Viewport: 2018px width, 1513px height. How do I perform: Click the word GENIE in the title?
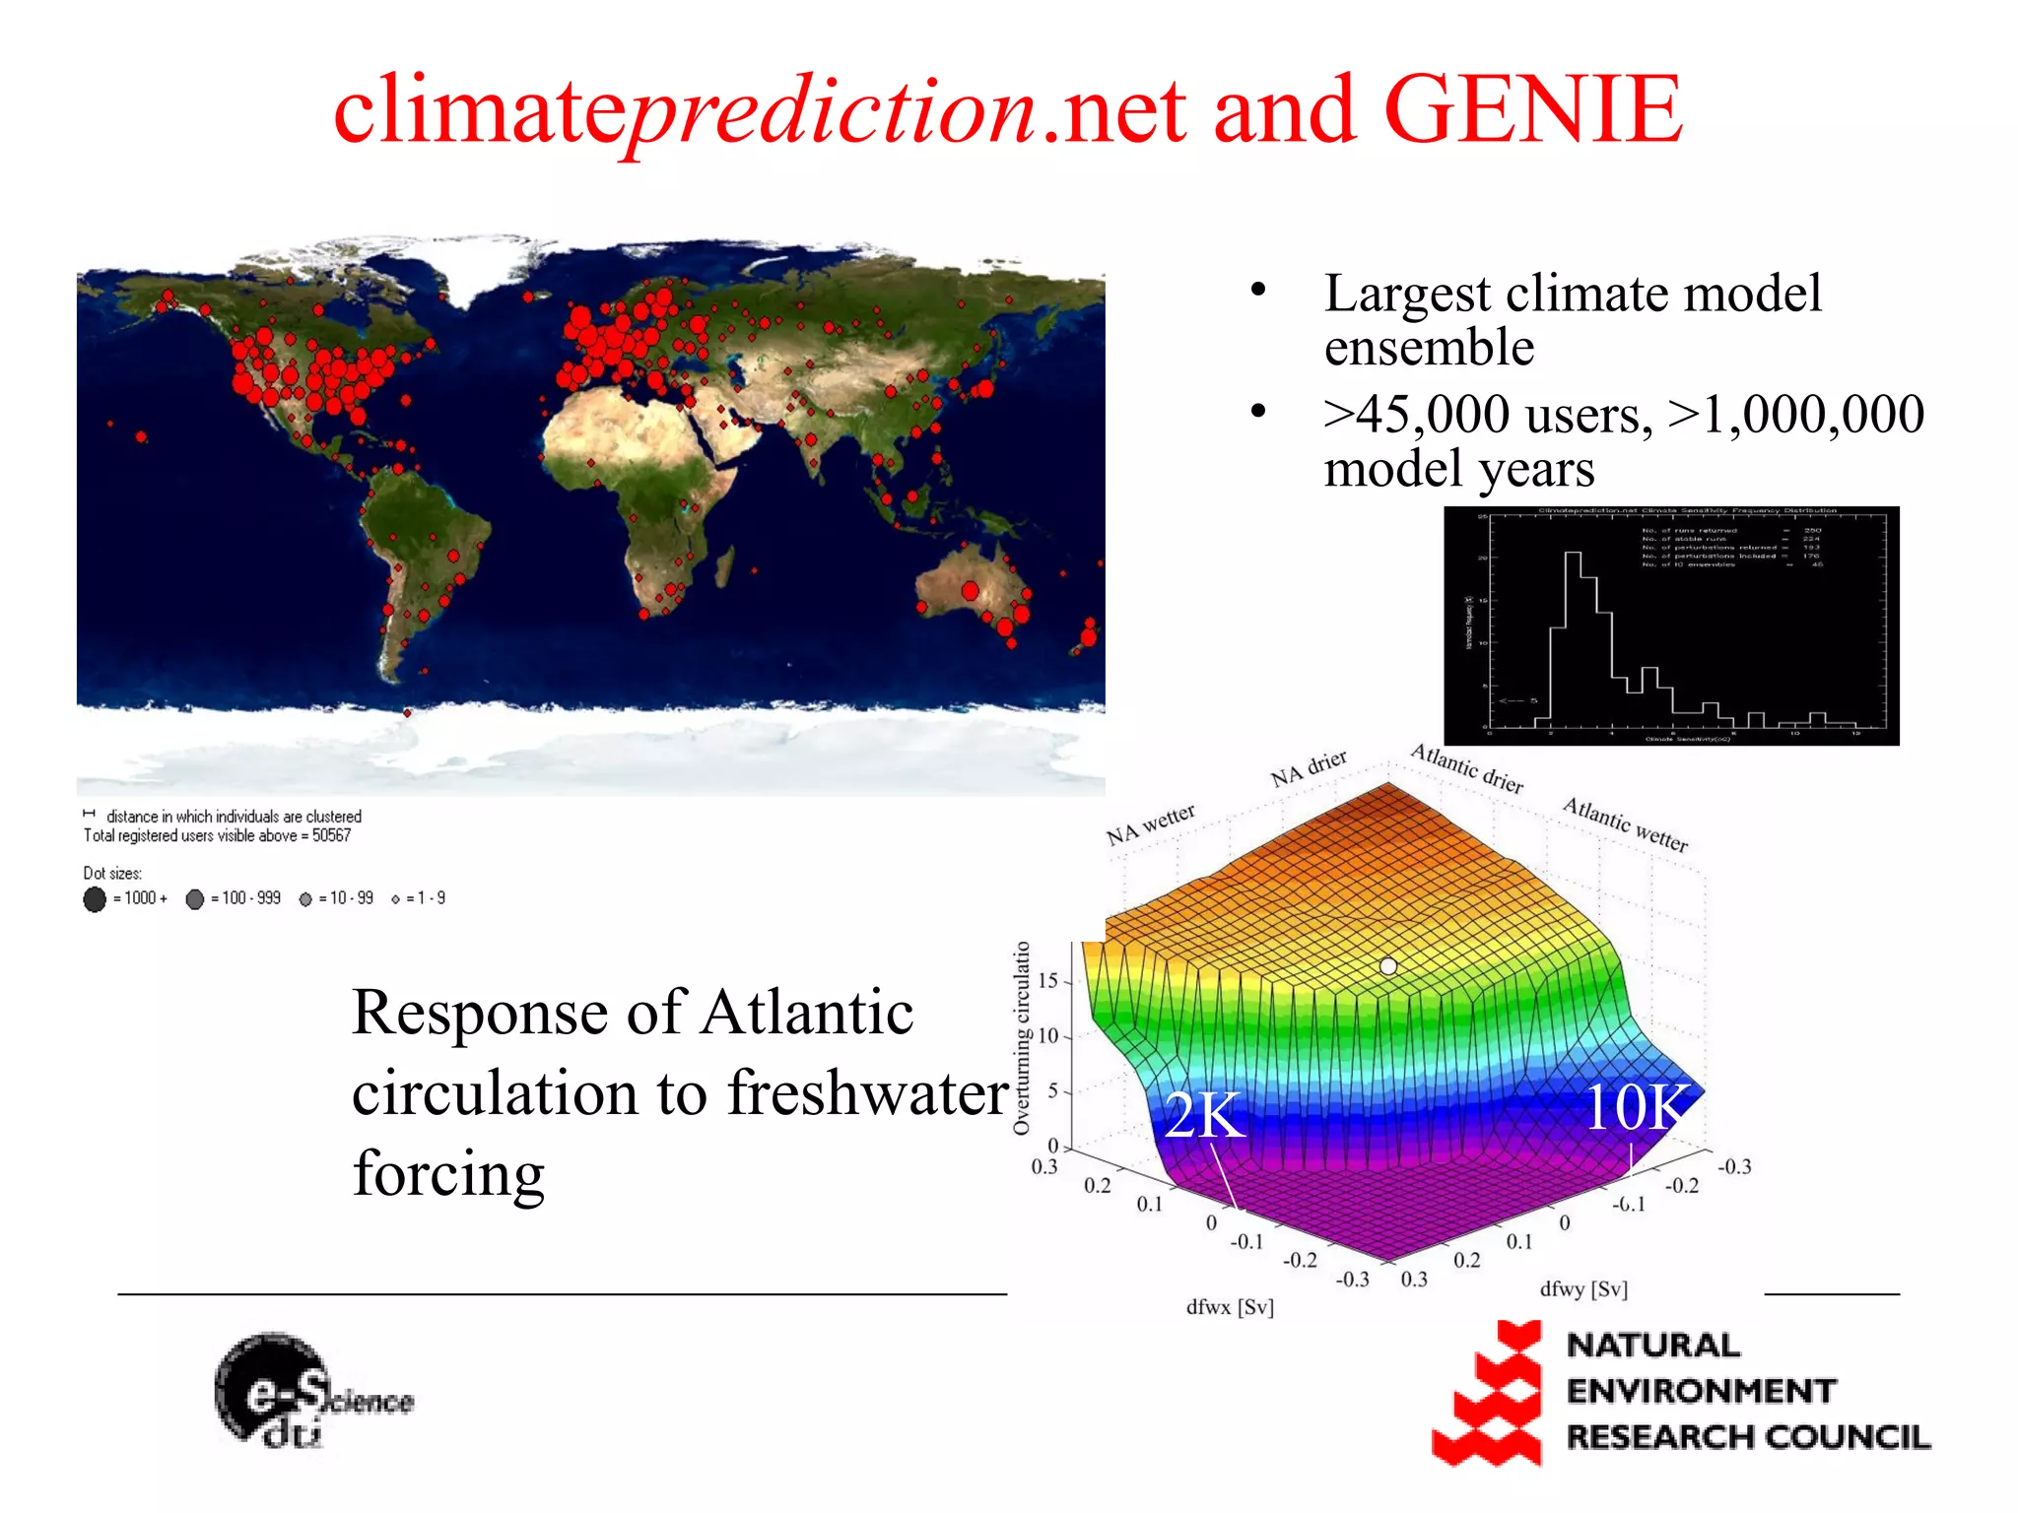tap(1532, 110)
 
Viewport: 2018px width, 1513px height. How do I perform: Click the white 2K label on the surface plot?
tap(1204, 1115)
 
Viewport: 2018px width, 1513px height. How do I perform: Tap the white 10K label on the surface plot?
tap(1636, 1107)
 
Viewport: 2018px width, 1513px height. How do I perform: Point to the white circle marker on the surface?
tap(1388, 966)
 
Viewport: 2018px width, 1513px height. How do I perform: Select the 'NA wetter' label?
tap(1150, 824)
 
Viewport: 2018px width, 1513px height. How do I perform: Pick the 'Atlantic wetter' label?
tap(1625, 824)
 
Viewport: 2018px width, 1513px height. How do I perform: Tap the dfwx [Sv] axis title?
tap(1229, 1307)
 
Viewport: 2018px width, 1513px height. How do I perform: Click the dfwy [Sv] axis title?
tap(1582, 1288)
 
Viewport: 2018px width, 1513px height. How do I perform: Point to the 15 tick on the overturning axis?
tap(1047, 981)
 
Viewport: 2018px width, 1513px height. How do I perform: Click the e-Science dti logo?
tap(307, 1391)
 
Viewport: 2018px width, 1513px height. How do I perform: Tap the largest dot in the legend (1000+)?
tap(95, 899)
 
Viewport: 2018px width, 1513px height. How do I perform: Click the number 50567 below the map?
tap(331, 836)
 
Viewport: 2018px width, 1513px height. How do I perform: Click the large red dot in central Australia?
tap(970, 591)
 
